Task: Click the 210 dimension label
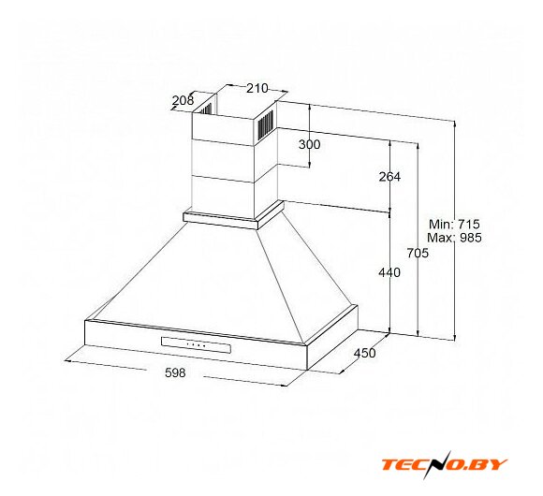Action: point(257,89)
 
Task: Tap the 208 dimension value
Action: point(183,100)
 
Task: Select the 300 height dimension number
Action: point(310,144)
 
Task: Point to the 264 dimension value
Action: point(389,177)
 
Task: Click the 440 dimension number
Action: point(389,272)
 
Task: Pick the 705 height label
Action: point(418,253)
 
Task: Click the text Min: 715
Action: point(454,225)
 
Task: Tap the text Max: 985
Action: point(454,238)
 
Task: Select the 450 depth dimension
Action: point(365,353)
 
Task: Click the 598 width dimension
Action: point(175,372)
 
